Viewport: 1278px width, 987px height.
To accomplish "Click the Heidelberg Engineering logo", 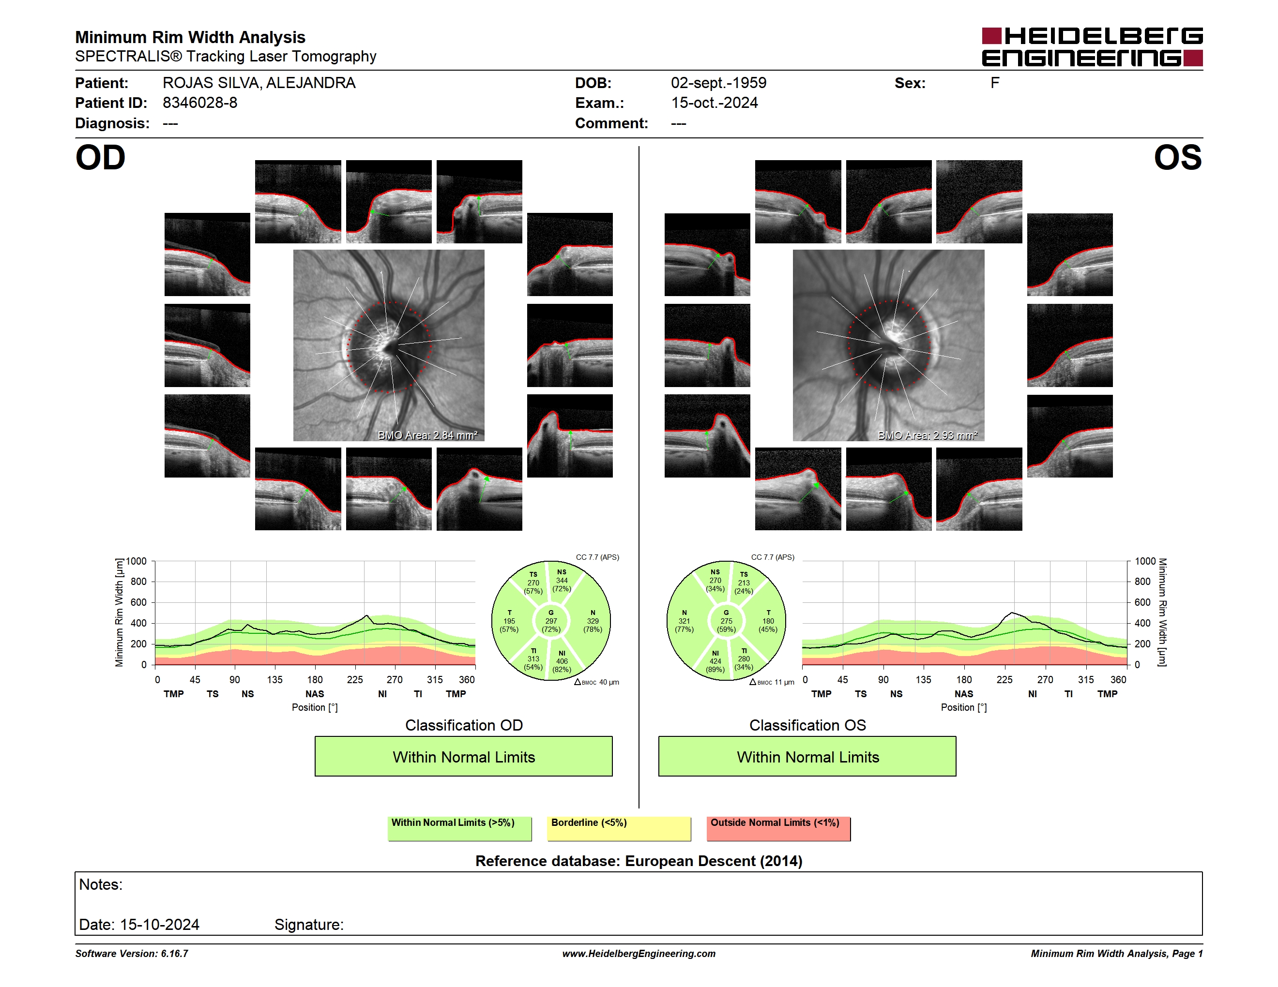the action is pos(1092,47).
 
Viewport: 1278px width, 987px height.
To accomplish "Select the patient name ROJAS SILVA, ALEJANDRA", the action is pos(259,83).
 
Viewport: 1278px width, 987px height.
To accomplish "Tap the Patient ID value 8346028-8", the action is pos(200,103).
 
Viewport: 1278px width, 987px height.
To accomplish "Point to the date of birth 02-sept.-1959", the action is pos(718,83).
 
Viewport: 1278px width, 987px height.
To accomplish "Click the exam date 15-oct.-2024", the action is pos(715,103).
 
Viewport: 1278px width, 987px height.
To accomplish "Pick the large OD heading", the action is pos(100,158).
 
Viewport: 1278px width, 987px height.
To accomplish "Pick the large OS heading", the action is pos(1178,158).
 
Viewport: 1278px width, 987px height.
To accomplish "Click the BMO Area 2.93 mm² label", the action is pos(928,435).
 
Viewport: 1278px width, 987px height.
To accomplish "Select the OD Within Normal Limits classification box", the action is pos(463,756).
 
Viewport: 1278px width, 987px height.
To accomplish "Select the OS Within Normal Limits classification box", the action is pos(807,756).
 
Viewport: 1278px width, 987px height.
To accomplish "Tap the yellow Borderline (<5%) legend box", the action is pos(619,828).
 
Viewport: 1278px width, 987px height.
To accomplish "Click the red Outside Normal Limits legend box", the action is pos(778,828).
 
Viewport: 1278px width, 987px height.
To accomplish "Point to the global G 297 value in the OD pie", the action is pos(550,621).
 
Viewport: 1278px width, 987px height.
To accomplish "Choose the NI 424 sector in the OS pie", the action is pos(715,661).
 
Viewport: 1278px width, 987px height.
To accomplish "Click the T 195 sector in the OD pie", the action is pos(509,621).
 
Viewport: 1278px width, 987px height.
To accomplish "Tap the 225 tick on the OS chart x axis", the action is pos(1004,679).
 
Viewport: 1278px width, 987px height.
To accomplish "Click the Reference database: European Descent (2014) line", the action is pos(639,861).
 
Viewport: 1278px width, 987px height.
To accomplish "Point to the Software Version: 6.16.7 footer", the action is pos(132,954).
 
